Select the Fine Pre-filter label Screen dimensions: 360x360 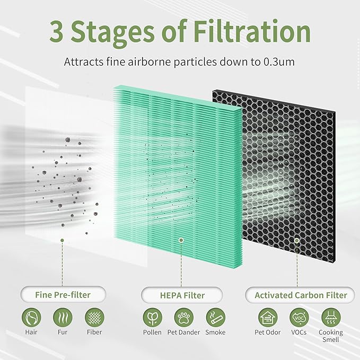click(62, 295)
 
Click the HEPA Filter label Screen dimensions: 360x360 click(181, 295)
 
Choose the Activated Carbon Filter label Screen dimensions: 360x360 click(301, 295)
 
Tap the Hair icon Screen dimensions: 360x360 click(31, 318)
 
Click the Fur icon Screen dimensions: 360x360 click(63, 318)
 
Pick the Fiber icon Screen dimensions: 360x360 click(94, 318)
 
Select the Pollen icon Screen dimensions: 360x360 click(152, 318)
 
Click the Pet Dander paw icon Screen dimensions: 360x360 click(183, 318)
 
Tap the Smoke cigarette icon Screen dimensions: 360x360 click(215, 318)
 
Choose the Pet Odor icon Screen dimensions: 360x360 click(268, 318)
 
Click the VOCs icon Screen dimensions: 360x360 click(300, 318)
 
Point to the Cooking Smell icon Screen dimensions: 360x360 click(331, 318)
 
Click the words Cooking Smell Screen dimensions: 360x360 click(331, 336)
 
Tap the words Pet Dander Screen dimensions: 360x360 click(183, 332)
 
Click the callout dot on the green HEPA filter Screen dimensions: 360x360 click(181, 240)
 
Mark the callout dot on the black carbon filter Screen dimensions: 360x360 click(296, 240)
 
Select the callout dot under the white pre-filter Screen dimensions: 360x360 click(62, 240)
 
